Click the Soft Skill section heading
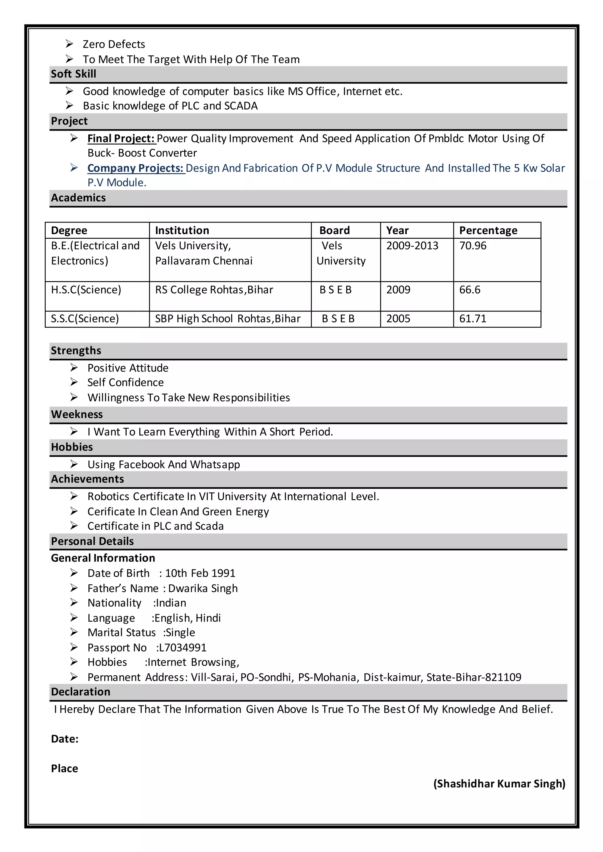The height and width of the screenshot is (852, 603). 74,74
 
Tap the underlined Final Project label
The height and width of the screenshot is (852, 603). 121,138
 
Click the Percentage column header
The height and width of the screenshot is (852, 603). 488,231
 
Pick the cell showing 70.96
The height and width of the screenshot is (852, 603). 472,246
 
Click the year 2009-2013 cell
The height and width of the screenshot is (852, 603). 412,246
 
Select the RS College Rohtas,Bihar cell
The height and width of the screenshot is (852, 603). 214,290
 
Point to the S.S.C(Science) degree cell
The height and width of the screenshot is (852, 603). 85,319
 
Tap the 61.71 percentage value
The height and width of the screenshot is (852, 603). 472,319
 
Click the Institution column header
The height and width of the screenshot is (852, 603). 182,231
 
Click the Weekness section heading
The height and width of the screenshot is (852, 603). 77,414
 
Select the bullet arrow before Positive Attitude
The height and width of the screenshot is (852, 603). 74,367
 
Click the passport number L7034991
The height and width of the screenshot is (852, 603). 182,647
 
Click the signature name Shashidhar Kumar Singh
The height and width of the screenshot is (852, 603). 499,784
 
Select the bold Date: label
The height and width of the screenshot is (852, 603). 64,739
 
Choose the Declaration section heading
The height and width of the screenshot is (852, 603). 81,692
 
